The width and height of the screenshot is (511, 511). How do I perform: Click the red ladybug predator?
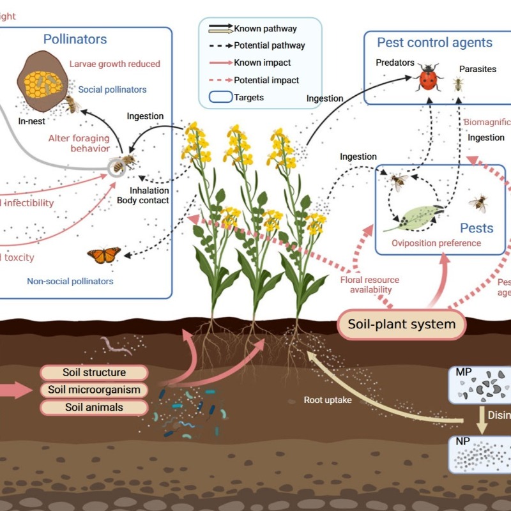430,80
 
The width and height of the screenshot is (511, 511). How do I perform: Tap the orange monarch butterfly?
103,256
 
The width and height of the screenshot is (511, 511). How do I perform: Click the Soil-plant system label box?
402,324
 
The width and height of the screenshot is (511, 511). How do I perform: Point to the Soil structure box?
94,372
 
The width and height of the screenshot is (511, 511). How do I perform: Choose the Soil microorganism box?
94,390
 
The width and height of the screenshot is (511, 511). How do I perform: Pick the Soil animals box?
94,407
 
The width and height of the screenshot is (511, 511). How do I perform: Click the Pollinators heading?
75,39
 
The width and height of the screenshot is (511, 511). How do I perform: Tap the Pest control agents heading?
434,43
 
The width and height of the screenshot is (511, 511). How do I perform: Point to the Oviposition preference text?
436,243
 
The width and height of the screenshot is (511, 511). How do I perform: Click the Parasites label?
477,69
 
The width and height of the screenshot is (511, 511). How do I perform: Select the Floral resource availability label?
374,285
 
